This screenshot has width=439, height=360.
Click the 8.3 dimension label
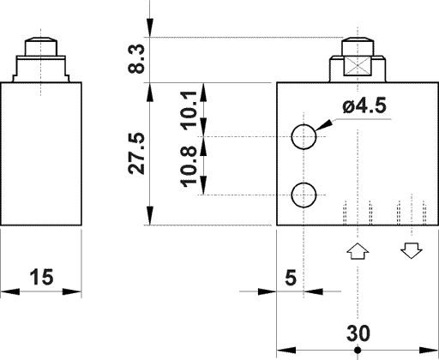tap(135, 58)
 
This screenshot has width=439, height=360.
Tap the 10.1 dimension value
tap(190, 109)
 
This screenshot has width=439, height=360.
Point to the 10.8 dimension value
tap(190, 165)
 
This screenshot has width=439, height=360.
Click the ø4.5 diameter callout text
tap(364, 107)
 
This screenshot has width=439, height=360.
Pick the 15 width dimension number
tap(40, 277)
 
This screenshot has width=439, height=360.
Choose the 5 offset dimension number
tap(289, 277)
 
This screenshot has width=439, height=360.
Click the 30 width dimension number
tap(358, 333)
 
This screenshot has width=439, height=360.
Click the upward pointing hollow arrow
tap(357, 251)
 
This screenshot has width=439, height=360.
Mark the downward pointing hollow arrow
tap(411, 251)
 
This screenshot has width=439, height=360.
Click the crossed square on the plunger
tap(358, 68)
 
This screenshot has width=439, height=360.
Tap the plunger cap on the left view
tap(40, 44)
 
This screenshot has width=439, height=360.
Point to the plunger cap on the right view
tap(358, 45)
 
